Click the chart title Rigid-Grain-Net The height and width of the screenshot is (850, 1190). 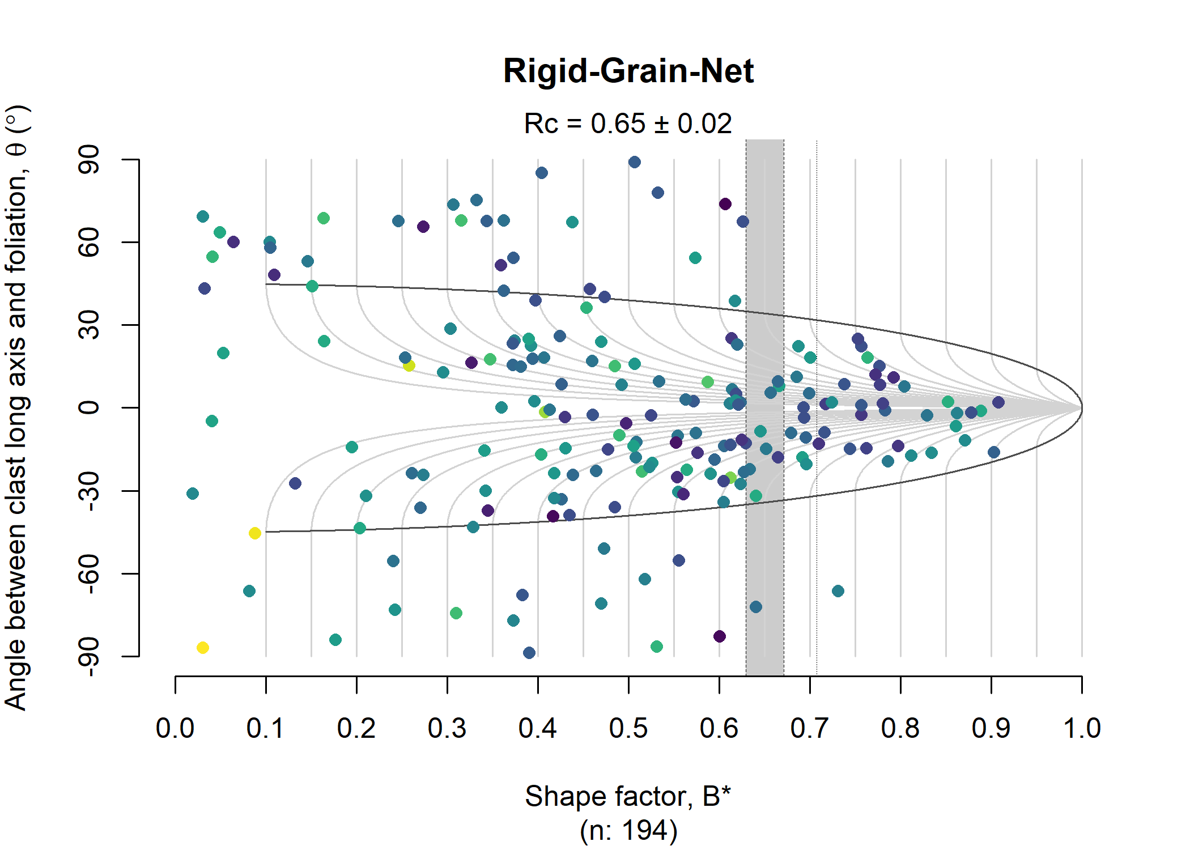(628, 71)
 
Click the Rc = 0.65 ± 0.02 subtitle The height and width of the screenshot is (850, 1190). (628, 124)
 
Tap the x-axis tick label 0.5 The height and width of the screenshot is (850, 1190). (628, 728)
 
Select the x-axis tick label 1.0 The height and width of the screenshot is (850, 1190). (1081, 728)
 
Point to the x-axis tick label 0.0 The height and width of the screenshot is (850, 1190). (175, 728)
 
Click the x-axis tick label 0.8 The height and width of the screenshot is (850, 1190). (900, 728)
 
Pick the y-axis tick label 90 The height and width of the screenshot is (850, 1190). (90, 159)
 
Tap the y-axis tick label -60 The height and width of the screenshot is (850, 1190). (90, 573)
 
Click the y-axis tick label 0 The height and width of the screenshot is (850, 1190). (90, 407)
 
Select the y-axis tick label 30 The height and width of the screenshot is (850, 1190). (90, 325)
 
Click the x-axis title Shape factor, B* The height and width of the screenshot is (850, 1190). (628, 796)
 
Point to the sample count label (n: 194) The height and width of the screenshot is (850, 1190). (628, 831)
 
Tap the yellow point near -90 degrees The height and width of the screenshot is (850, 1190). (203, 648)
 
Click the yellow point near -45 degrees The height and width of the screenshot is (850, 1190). (255, 533)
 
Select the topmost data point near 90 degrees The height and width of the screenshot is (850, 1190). (635, 162)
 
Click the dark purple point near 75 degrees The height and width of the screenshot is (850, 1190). (725, 204)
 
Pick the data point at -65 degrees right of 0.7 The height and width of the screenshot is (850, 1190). (838, 591)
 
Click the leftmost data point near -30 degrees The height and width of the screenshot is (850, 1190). (193, 494)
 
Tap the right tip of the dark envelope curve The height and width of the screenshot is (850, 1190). (1081, 407)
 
